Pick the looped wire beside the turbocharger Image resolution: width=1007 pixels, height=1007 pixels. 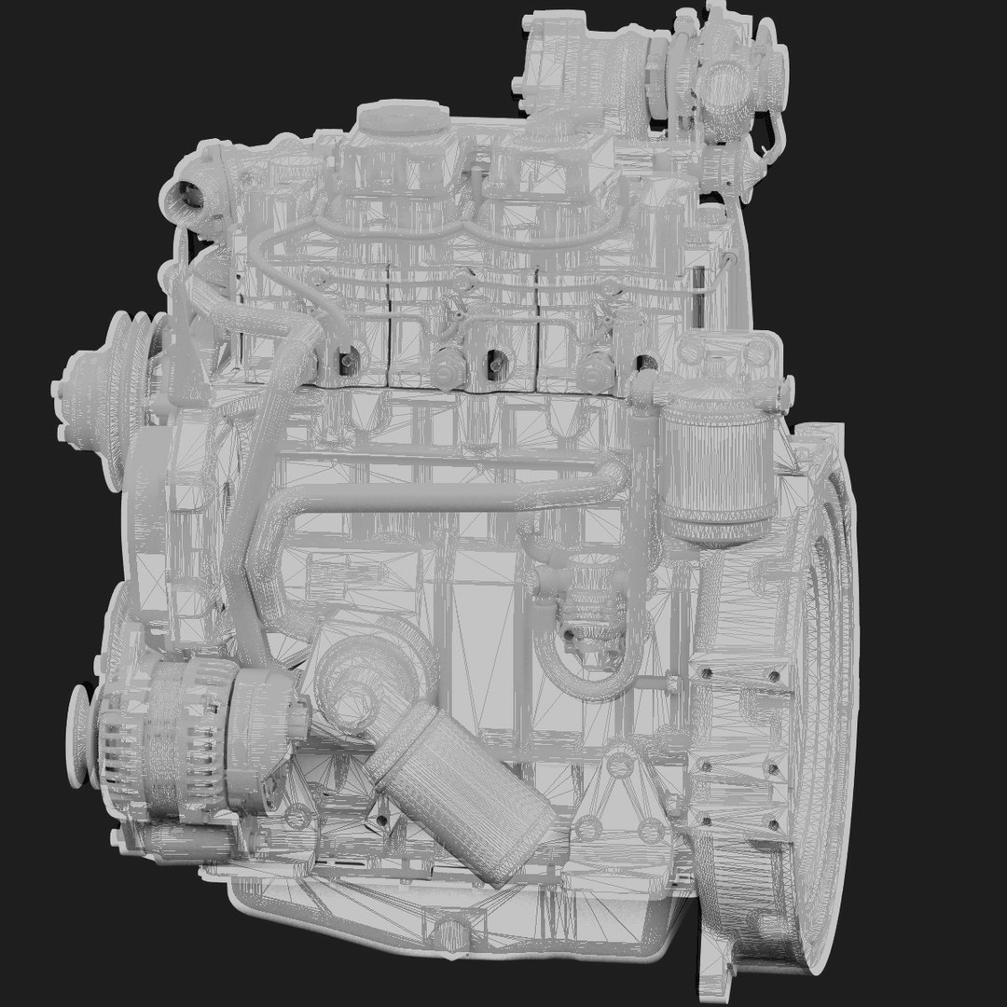(x=776, y=135)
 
